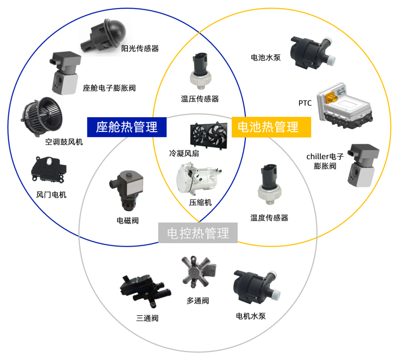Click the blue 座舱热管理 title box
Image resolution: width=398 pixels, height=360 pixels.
[127, 127]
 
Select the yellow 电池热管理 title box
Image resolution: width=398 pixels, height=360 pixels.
[271, 127]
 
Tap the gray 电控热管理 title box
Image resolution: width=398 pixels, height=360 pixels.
[198, 233]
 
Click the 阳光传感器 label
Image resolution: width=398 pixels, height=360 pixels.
[140, 48]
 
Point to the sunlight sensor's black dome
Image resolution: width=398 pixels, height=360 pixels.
[115, 31]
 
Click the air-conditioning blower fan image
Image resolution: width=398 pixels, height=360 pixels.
[42, 116]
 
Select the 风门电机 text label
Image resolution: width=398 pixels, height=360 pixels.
[51, 195]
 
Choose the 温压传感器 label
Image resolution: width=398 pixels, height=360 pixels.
[200, 99]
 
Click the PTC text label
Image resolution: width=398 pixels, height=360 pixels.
[305, 103]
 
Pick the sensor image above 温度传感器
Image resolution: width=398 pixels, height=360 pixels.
[269, 184]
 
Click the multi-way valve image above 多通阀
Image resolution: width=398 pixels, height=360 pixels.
[198, 272]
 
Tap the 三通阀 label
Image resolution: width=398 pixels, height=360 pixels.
[147, 318]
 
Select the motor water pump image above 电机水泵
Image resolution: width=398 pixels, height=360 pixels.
[257, 287]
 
